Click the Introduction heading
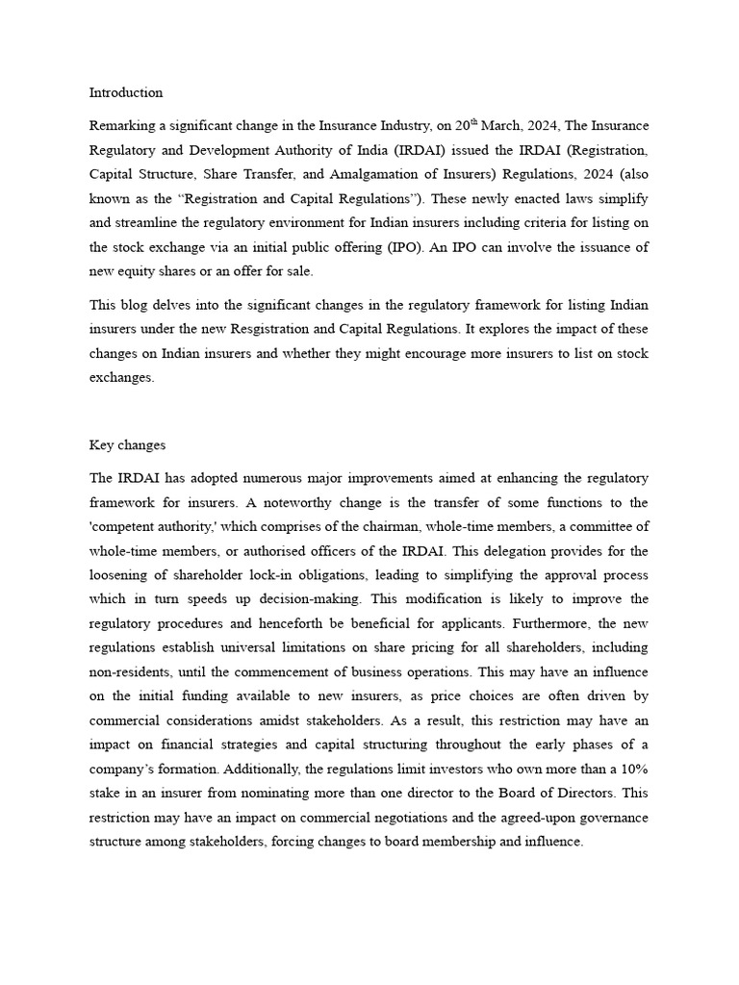126,93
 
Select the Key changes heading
127,445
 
